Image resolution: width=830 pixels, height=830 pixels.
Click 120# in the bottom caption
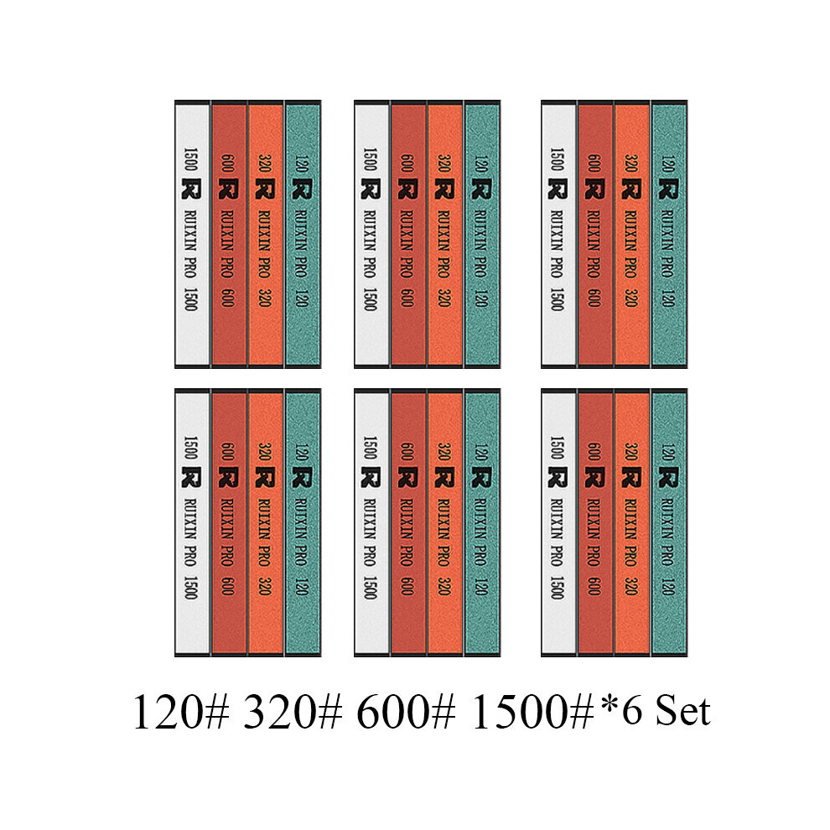pyautogui.click(x=181, y=712)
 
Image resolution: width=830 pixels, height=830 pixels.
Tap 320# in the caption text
pyautogui.click(x=293, y=712)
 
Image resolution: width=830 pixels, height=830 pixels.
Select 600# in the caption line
pyautogui.click(x=406, y=712)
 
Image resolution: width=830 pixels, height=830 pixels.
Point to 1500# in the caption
pyautogui.click(x=532, y=712)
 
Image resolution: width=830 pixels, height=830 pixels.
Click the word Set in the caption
pyautogui.click(x=683, y=712)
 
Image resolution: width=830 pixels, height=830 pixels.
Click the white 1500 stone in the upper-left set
pyautogui.click(x=192, y=234)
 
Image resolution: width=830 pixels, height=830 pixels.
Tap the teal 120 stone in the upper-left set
pyautogui.click(x=303, y=234)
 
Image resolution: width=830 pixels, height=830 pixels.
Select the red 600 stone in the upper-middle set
pyautogui.click(x=408, y=234)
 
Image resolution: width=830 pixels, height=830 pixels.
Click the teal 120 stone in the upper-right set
pyautogui.click(x=670, y=234)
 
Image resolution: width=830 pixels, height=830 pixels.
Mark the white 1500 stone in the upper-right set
pyautogui.click(x=558, y=234)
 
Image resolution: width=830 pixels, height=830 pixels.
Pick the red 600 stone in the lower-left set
pyautogui.click(x=229, y=523)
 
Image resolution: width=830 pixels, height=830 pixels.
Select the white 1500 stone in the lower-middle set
pyautogui.click(x=371, y=523)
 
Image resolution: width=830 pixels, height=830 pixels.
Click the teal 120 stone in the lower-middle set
pyautogui.click(x=483, y=523)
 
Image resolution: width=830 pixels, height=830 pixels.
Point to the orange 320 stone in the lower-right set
pyautogui.click(x=632, y=523)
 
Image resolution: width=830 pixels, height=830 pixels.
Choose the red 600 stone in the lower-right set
pyautogui.click(x=595, y=523)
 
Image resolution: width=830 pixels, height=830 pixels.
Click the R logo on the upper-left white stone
pyautogui.click(x=191, y=189)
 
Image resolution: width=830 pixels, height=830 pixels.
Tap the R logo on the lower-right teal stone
pyautogui.click(x=668, y=477)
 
